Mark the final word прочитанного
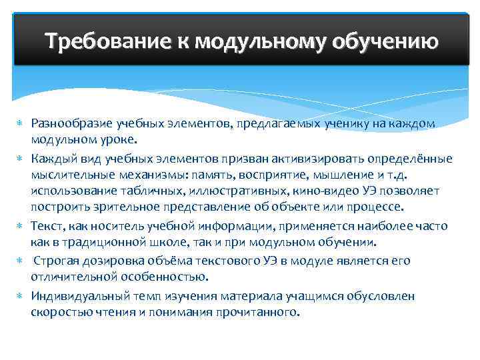coord(261,311)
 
